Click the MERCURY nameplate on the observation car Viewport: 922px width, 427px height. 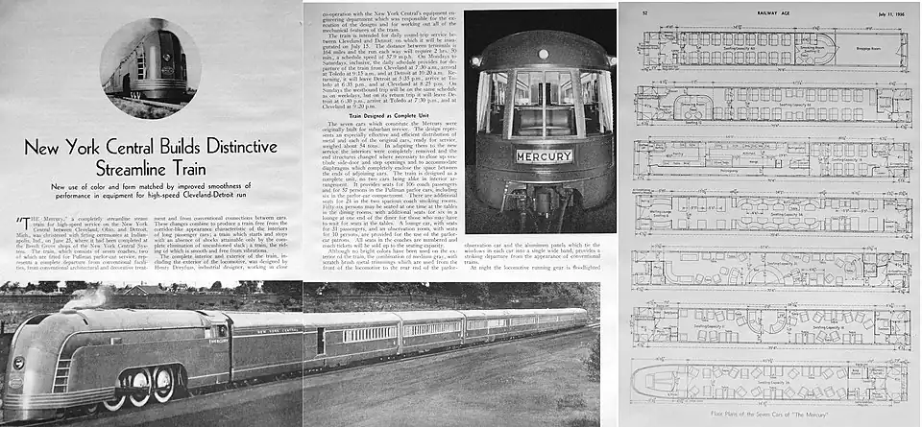coord(544,155)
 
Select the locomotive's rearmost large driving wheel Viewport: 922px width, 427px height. coord(164,383)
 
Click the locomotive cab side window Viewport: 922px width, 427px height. coord(213,331)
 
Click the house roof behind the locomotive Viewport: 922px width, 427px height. coord(144,289)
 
